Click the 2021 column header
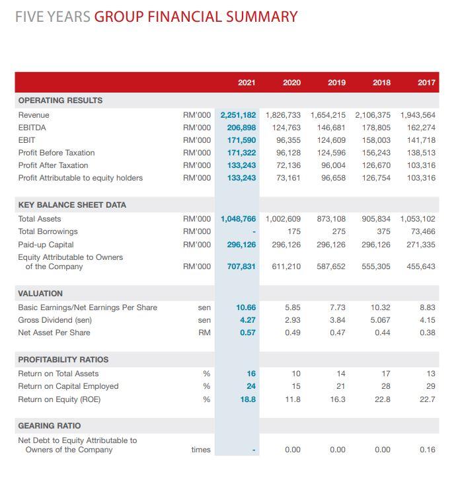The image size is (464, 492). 247,83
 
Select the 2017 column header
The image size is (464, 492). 426,83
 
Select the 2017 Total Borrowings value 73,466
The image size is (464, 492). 423,231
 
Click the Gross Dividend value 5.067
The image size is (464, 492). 380,320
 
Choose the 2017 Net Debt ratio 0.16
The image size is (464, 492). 428,450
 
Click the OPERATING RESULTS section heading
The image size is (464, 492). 60,101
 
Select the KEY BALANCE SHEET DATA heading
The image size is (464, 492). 72,205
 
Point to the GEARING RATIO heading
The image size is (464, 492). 50,425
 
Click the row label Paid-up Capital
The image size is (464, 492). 46,245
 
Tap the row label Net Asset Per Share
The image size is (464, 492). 54,333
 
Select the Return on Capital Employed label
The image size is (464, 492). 68,386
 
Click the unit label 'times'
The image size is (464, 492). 201,450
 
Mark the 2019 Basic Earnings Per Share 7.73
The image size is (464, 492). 337,307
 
